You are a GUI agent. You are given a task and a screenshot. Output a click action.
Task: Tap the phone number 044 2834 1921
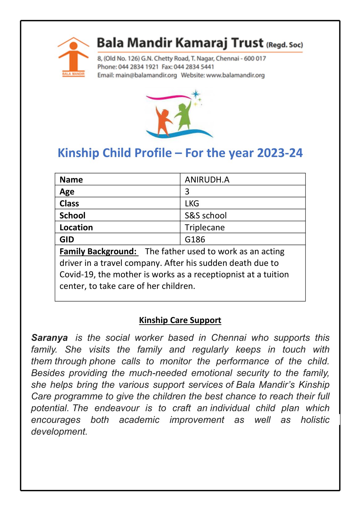[138, 67]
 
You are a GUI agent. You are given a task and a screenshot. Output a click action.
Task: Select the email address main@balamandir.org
[146, 75]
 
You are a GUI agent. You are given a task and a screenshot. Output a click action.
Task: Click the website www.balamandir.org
[235, 75]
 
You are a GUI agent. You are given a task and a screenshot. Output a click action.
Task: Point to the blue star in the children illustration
[196, 94]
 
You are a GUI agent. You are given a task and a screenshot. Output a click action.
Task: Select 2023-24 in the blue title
[280, 153]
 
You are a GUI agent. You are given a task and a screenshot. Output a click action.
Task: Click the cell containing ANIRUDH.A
[207, 180]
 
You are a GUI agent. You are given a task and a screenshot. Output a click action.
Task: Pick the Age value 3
[187, 191]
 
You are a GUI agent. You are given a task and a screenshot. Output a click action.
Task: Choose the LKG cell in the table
[192, 203]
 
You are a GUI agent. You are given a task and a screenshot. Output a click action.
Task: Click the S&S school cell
[206, 215]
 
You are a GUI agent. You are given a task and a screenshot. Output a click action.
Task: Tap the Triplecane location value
[205, 228]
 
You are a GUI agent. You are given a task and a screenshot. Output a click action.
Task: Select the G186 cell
[195, 239]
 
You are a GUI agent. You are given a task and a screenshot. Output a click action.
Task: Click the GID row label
[67, 239]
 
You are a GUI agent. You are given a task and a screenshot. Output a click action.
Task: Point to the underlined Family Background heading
[98, 251]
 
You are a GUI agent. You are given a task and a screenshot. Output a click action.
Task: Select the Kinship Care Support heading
[180, 320]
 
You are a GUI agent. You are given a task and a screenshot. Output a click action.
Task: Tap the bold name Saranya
[49, 338]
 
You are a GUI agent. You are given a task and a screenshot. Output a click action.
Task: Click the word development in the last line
[59, 432]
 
